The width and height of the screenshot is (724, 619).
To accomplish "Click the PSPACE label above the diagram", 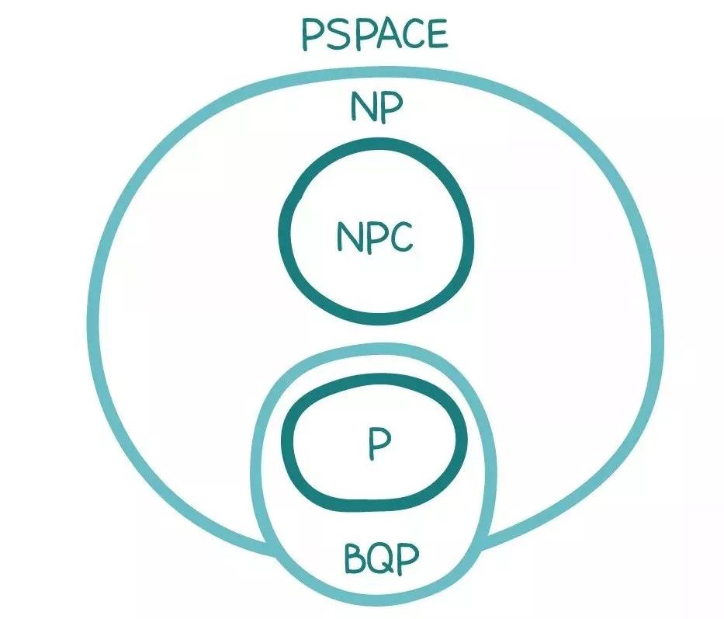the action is pos(374,34).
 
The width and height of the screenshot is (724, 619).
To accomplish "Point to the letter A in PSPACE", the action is pos(376,35).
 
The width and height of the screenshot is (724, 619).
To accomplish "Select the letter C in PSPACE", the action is pos(407,35).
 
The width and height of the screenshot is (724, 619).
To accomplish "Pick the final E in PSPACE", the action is pos(436,35).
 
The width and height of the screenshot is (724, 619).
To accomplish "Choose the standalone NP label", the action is pos(376,109).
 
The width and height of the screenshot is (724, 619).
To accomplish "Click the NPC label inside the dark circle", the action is pos(375,236).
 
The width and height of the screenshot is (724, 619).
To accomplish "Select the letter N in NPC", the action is pos(348,236).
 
